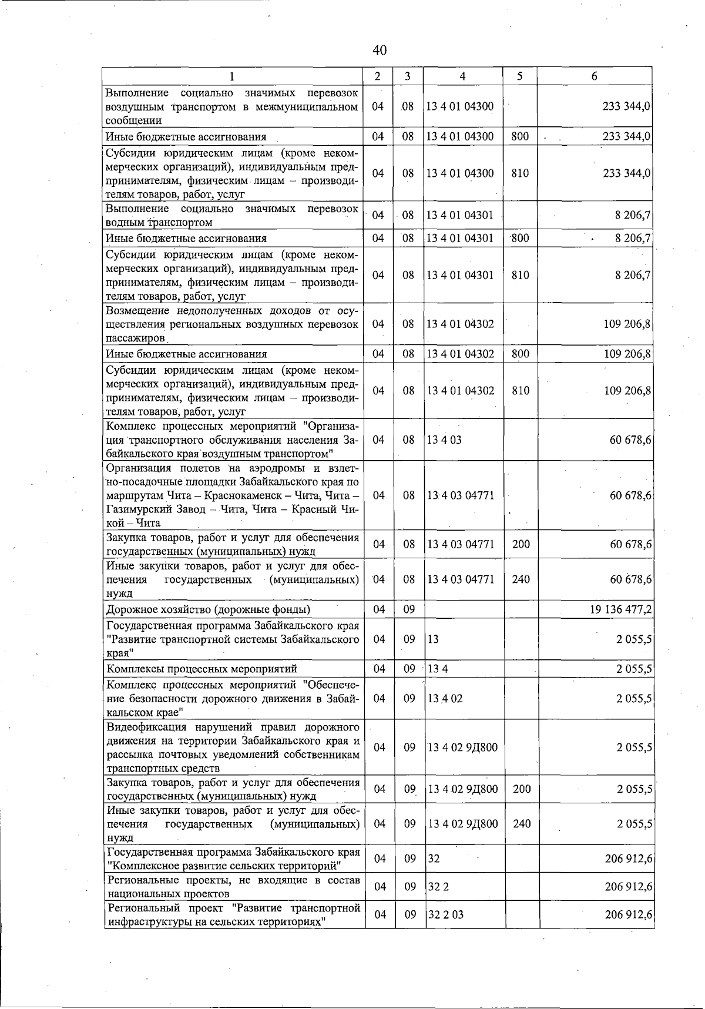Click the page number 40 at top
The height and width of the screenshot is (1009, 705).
[x=380, y=51]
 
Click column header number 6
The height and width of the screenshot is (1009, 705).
[x=595, y=76]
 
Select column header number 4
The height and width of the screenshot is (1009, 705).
[x=463, y=76]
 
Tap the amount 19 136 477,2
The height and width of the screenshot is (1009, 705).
[x=620, y=609]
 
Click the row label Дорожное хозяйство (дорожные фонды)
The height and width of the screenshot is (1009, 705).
[x=208, y=609]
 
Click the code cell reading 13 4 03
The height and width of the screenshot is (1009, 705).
[x=444, y=440]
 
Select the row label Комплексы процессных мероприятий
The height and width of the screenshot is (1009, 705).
[x=202, y=669]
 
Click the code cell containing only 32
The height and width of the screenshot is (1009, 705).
[x=434, y=859]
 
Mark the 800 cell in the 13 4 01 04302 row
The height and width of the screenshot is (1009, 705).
[x=521, y=354]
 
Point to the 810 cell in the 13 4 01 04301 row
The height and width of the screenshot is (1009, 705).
[x=521, y=275]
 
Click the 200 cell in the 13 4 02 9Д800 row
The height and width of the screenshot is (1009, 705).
[x=521, y=789]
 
